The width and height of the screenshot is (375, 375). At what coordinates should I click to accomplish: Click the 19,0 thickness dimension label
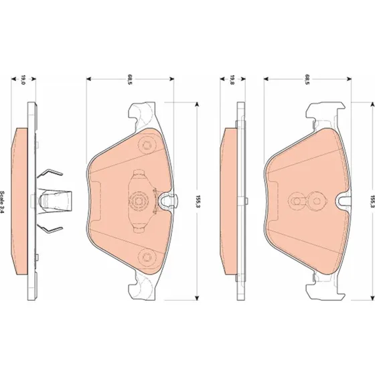pos(23,80)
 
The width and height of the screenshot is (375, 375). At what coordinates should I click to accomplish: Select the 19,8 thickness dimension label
pos(232,80)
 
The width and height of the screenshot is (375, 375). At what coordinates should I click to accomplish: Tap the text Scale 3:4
pos(2,202)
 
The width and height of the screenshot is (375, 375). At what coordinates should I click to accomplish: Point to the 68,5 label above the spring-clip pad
pos(130,80)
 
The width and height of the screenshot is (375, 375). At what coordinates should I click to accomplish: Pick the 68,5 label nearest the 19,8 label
pos(307,80)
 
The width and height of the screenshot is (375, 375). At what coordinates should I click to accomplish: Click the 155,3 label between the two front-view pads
pos(198,202)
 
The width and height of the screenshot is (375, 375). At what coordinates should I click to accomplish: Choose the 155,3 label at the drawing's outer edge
pos(372,202)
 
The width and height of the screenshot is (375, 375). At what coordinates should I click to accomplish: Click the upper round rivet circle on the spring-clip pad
pos(146,145)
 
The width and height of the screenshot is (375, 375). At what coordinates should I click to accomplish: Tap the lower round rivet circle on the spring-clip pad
pos(146,257)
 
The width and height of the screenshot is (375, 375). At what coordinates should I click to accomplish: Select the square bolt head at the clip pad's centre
pos(139,201)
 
